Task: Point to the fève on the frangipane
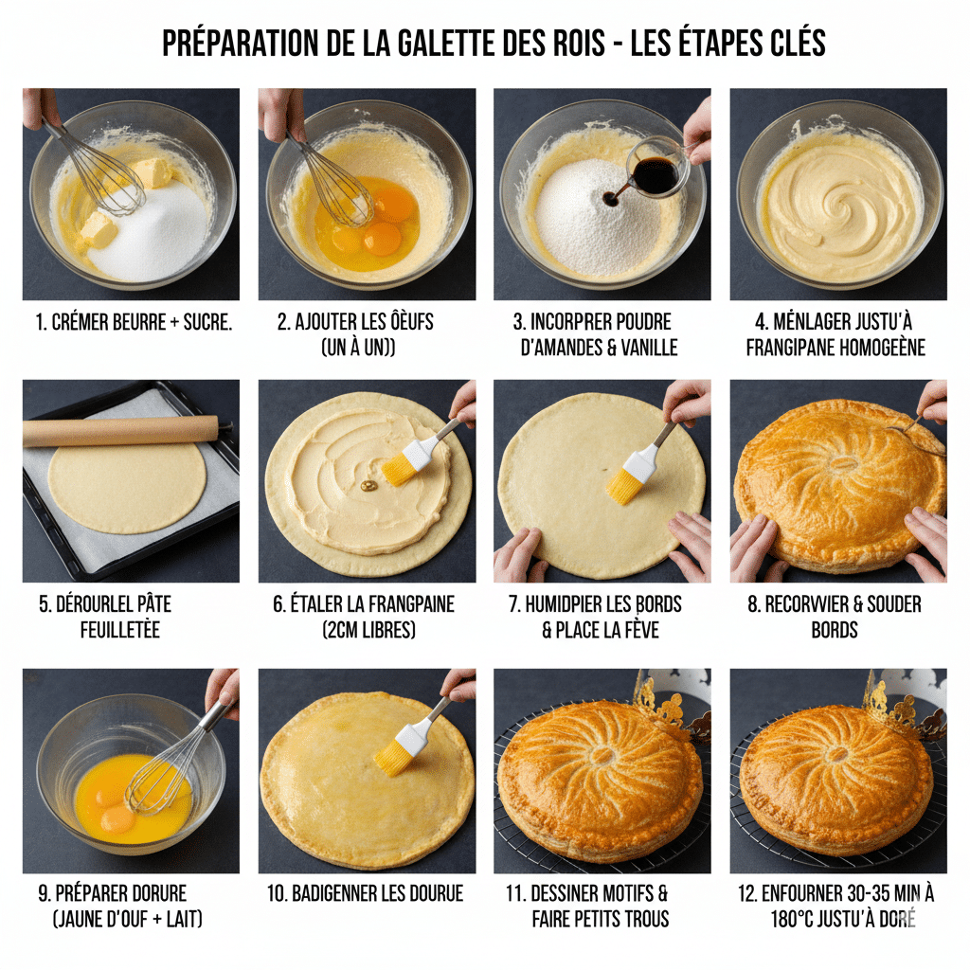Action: [x=368, y=486]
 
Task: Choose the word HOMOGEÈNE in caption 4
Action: [x=880, y=348]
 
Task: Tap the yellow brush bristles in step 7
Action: [x=623, y=485]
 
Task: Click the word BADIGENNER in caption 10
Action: [x=335, y=893]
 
